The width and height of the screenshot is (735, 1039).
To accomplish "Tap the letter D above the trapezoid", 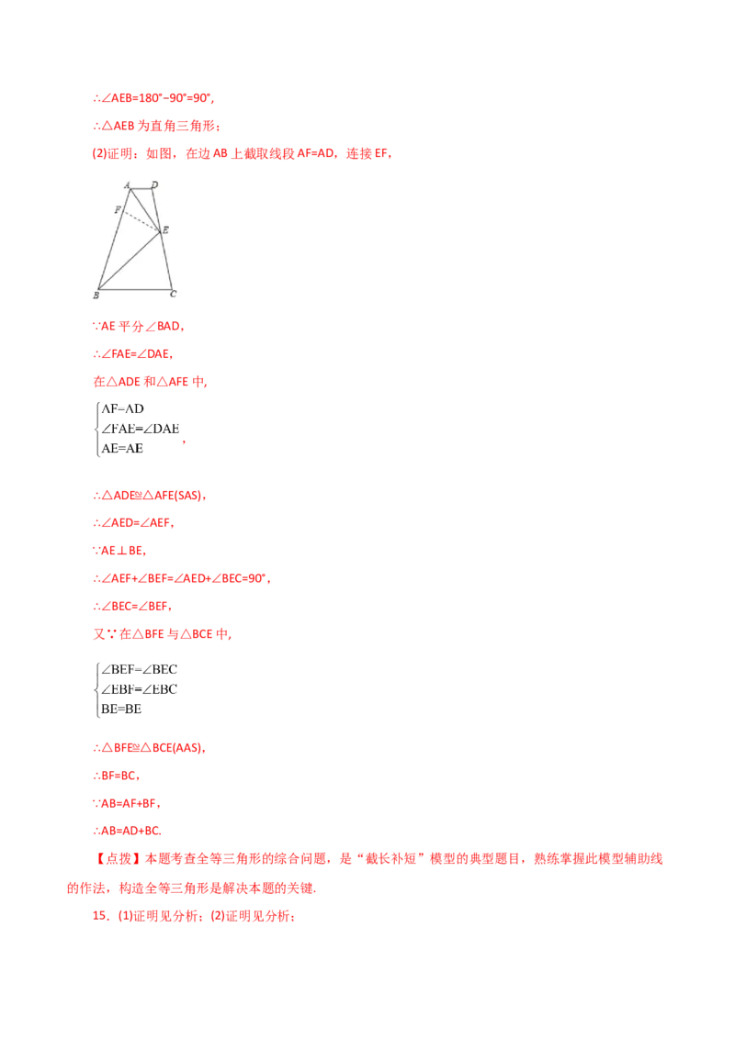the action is (x=153, y=184).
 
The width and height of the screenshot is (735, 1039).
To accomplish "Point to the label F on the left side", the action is (x=118, y=210).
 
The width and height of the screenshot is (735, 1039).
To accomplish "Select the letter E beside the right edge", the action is (x=165, y=229).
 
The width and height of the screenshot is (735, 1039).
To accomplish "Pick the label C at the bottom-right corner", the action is (x=173, y=295).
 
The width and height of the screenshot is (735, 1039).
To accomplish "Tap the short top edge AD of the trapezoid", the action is (x=141, y=190).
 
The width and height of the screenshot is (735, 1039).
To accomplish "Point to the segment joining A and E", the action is (x=146, y=210).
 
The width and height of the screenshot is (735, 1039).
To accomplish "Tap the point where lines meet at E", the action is (x=159, y=229).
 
